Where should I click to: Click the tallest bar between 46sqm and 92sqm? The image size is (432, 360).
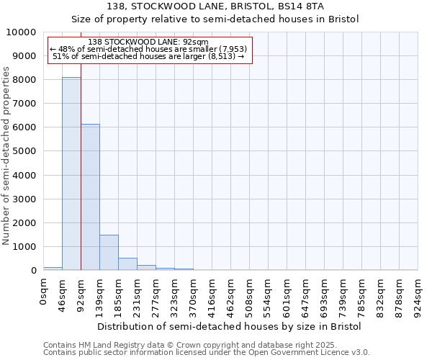coord(71,174)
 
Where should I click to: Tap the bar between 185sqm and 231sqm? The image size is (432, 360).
coord(127,264)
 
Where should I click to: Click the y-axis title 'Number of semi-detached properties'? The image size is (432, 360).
coord(6,156)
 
